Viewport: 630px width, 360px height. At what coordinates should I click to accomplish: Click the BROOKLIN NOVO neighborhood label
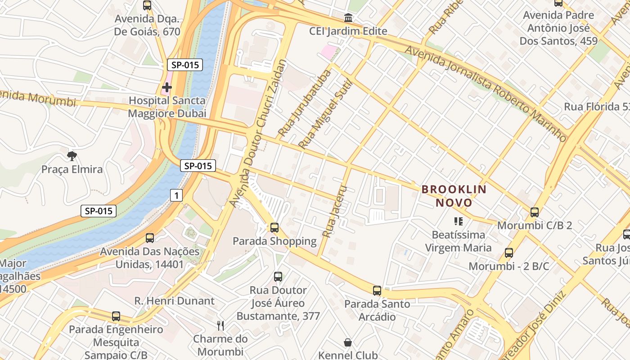tap(454, 196)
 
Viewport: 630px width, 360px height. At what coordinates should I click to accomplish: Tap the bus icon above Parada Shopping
tap(274, 228)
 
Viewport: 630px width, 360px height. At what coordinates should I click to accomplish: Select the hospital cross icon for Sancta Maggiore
tap(167, 86)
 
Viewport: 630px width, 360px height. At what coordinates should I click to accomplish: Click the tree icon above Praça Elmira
tap(72, 156)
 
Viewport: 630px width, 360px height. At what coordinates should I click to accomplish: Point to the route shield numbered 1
tap(177, 195)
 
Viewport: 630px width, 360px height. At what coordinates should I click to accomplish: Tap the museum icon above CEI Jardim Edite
tap(348, 18)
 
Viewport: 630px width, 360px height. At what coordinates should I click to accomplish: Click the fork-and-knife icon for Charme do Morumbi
tap(220, 325)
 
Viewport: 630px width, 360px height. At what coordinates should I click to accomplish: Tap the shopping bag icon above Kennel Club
tap(348, 342)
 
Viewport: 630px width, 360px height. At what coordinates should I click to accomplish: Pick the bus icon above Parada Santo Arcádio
tap(377, 291)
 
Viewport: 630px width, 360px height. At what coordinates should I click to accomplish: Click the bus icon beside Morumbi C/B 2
tap(535, 212)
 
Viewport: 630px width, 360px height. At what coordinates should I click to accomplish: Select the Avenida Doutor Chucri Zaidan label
tap(258, 134)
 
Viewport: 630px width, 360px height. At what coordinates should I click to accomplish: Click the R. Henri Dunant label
tap(175, 301)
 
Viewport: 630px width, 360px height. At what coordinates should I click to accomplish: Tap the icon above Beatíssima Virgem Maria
tap(459, 221)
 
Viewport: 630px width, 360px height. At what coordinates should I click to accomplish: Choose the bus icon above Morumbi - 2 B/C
tap(509, 253)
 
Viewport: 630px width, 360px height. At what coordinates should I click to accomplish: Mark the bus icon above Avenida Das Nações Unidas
tap(150, 238)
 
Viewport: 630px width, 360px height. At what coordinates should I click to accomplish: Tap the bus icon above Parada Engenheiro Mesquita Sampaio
tap(116, 316)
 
